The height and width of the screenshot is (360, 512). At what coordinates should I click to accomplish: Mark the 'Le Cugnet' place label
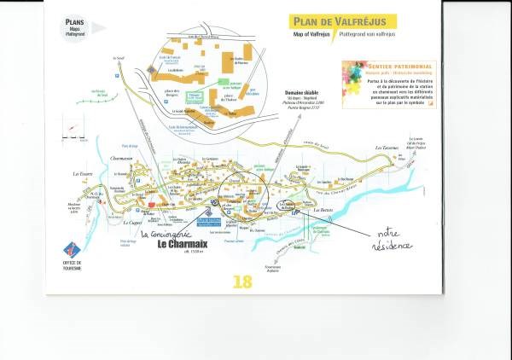pos(133,224)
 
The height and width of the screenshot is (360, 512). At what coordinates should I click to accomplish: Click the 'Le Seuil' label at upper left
pos(118,57)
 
